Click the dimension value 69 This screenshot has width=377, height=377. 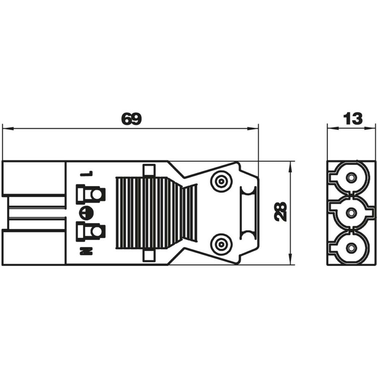[x=131, y=119]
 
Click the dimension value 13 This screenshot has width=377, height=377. [x=352, y=119]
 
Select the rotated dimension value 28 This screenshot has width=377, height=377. [x=281, y=211]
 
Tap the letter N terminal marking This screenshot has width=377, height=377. [x=86, y=251]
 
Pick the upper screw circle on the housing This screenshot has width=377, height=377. [x=221, y=181]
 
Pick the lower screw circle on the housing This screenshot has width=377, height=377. [x=221, y=244]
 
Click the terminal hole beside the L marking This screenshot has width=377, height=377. [x=97, y=194]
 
